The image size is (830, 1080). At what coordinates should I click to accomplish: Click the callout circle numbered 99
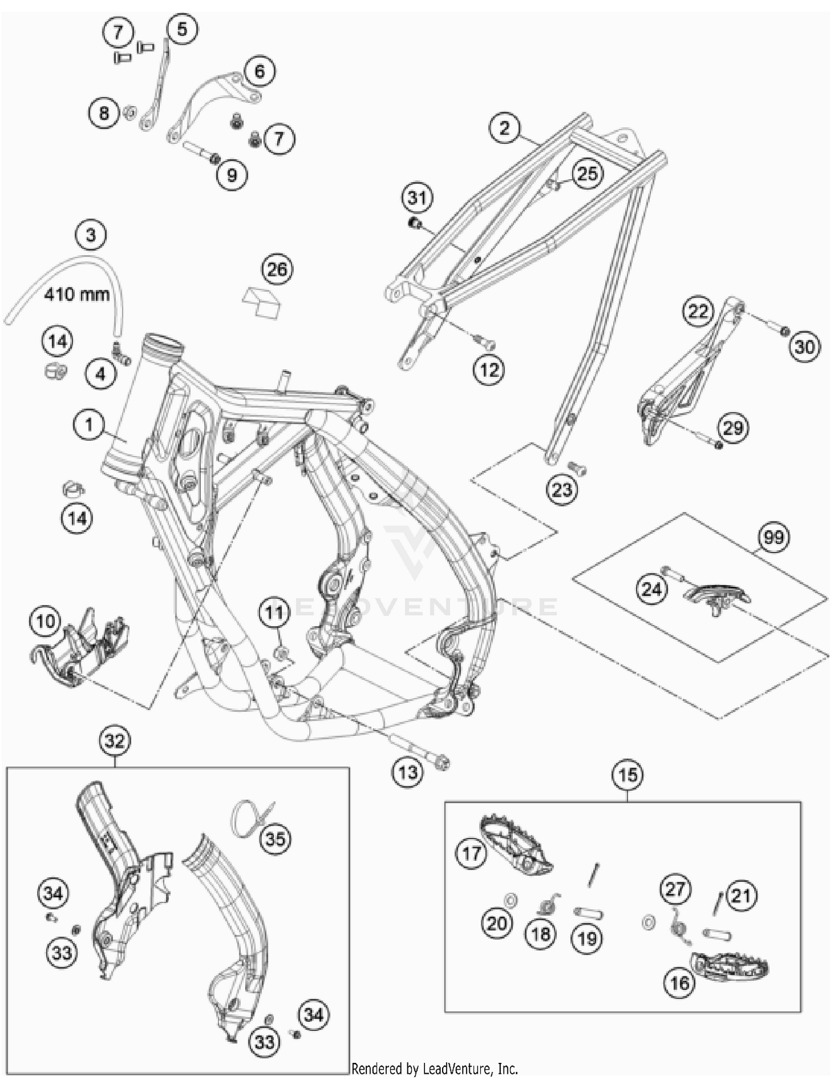pyautogui.click(x=774, y=538)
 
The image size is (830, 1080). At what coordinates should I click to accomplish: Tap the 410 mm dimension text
pyautogui.click(x=77, y=293)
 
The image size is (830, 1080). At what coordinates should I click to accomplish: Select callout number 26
pyautogui.click(x=277, y=270)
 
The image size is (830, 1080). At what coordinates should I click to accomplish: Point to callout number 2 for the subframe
pyautogui.click(x=504, y=128)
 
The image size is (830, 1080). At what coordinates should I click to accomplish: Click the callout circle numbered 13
pyautogui.click(x=408, y=772)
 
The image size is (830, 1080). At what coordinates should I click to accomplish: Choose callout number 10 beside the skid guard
pyautogui.click(x=45, y=621)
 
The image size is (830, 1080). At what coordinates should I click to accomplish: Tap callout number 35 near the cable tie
pyautogui.click(x=276, y=839)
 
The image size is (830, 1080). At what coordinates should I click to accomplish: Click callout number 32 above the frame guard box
pyautogui.click(x=115, y=741)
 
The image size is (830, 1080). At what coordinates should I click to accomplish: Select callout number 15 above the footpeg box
pyautogui.click(x=627, y=775)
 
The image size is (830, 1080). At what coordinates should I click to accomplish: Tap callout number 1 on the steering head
pyautogui.click(x=89, y=425)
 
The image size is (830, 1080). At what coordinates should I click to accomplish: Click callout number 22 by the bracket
pyautogui.click(x=698, y=311)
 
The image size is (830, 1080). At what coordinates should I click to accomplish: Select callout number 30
pyautogui.click(x=804, y=347)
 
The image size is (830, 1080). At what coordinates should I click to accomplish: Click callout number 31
pyautogui.click(x=417, y=198)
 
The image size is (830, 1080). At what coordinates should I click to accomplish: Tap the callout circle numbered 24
pyautogui.click(x=651, y=589)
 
